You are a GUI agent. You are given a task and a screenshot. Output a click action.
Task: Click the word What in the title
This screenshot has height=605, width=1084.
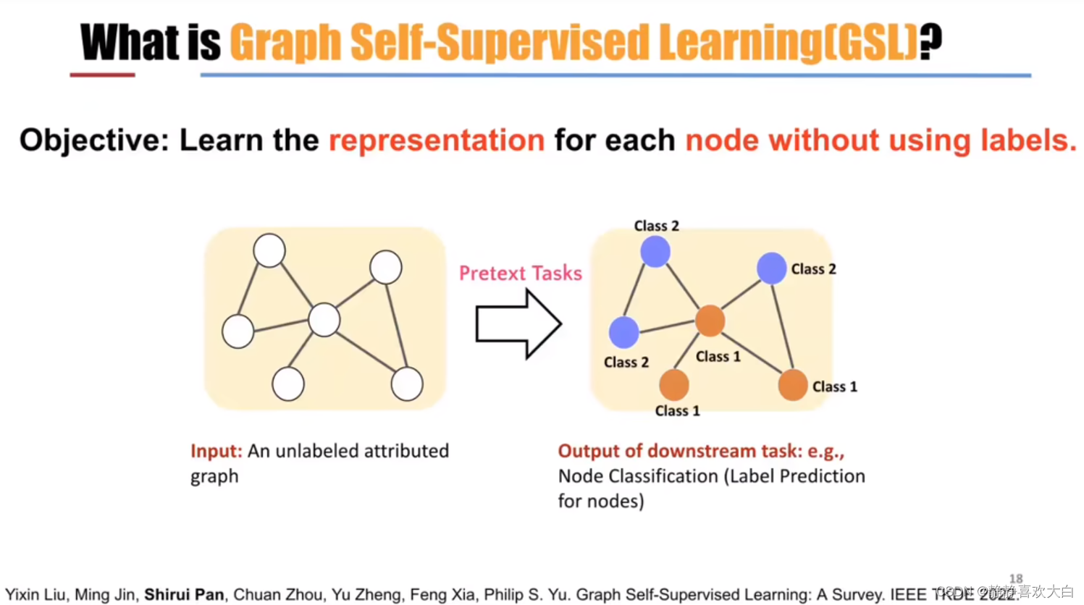[128, 43]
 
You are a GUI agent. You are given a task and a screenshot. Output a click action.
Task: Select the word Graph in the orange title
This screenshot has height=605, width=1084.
[285, 43]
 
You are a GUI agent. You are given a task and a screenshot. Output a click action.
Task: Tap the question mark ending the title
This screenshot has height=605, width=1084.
[931, 41]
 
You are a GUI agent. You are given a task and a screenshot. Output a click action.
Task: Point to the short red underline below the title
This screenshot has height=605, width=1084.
[102, 75]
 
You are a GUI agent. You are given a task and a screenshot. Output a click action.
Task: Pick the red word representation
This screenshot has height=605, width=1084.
[437, 140]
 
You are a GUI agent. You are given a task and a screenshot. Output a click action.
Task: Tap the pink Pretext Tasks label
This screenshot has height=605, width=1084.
[521, 273]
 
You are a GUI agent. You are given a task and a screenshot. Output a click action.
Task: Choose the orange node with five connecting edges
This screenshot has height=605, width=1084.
[710, 321]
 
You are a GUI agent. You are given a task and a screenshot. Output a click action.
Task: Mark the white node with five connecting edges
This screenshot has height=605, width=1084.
[324, 320]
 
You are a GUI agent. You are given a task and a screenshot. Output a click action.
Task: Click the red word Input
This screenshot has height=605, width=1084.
[216, 451]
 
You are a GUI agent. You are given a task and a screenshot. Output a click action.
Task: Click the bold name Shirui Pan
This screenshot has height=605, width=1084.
[184, 595]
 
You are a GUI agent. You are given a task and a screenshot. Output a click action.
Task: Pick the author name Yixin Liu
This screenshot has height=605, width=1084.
[35, 595]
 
